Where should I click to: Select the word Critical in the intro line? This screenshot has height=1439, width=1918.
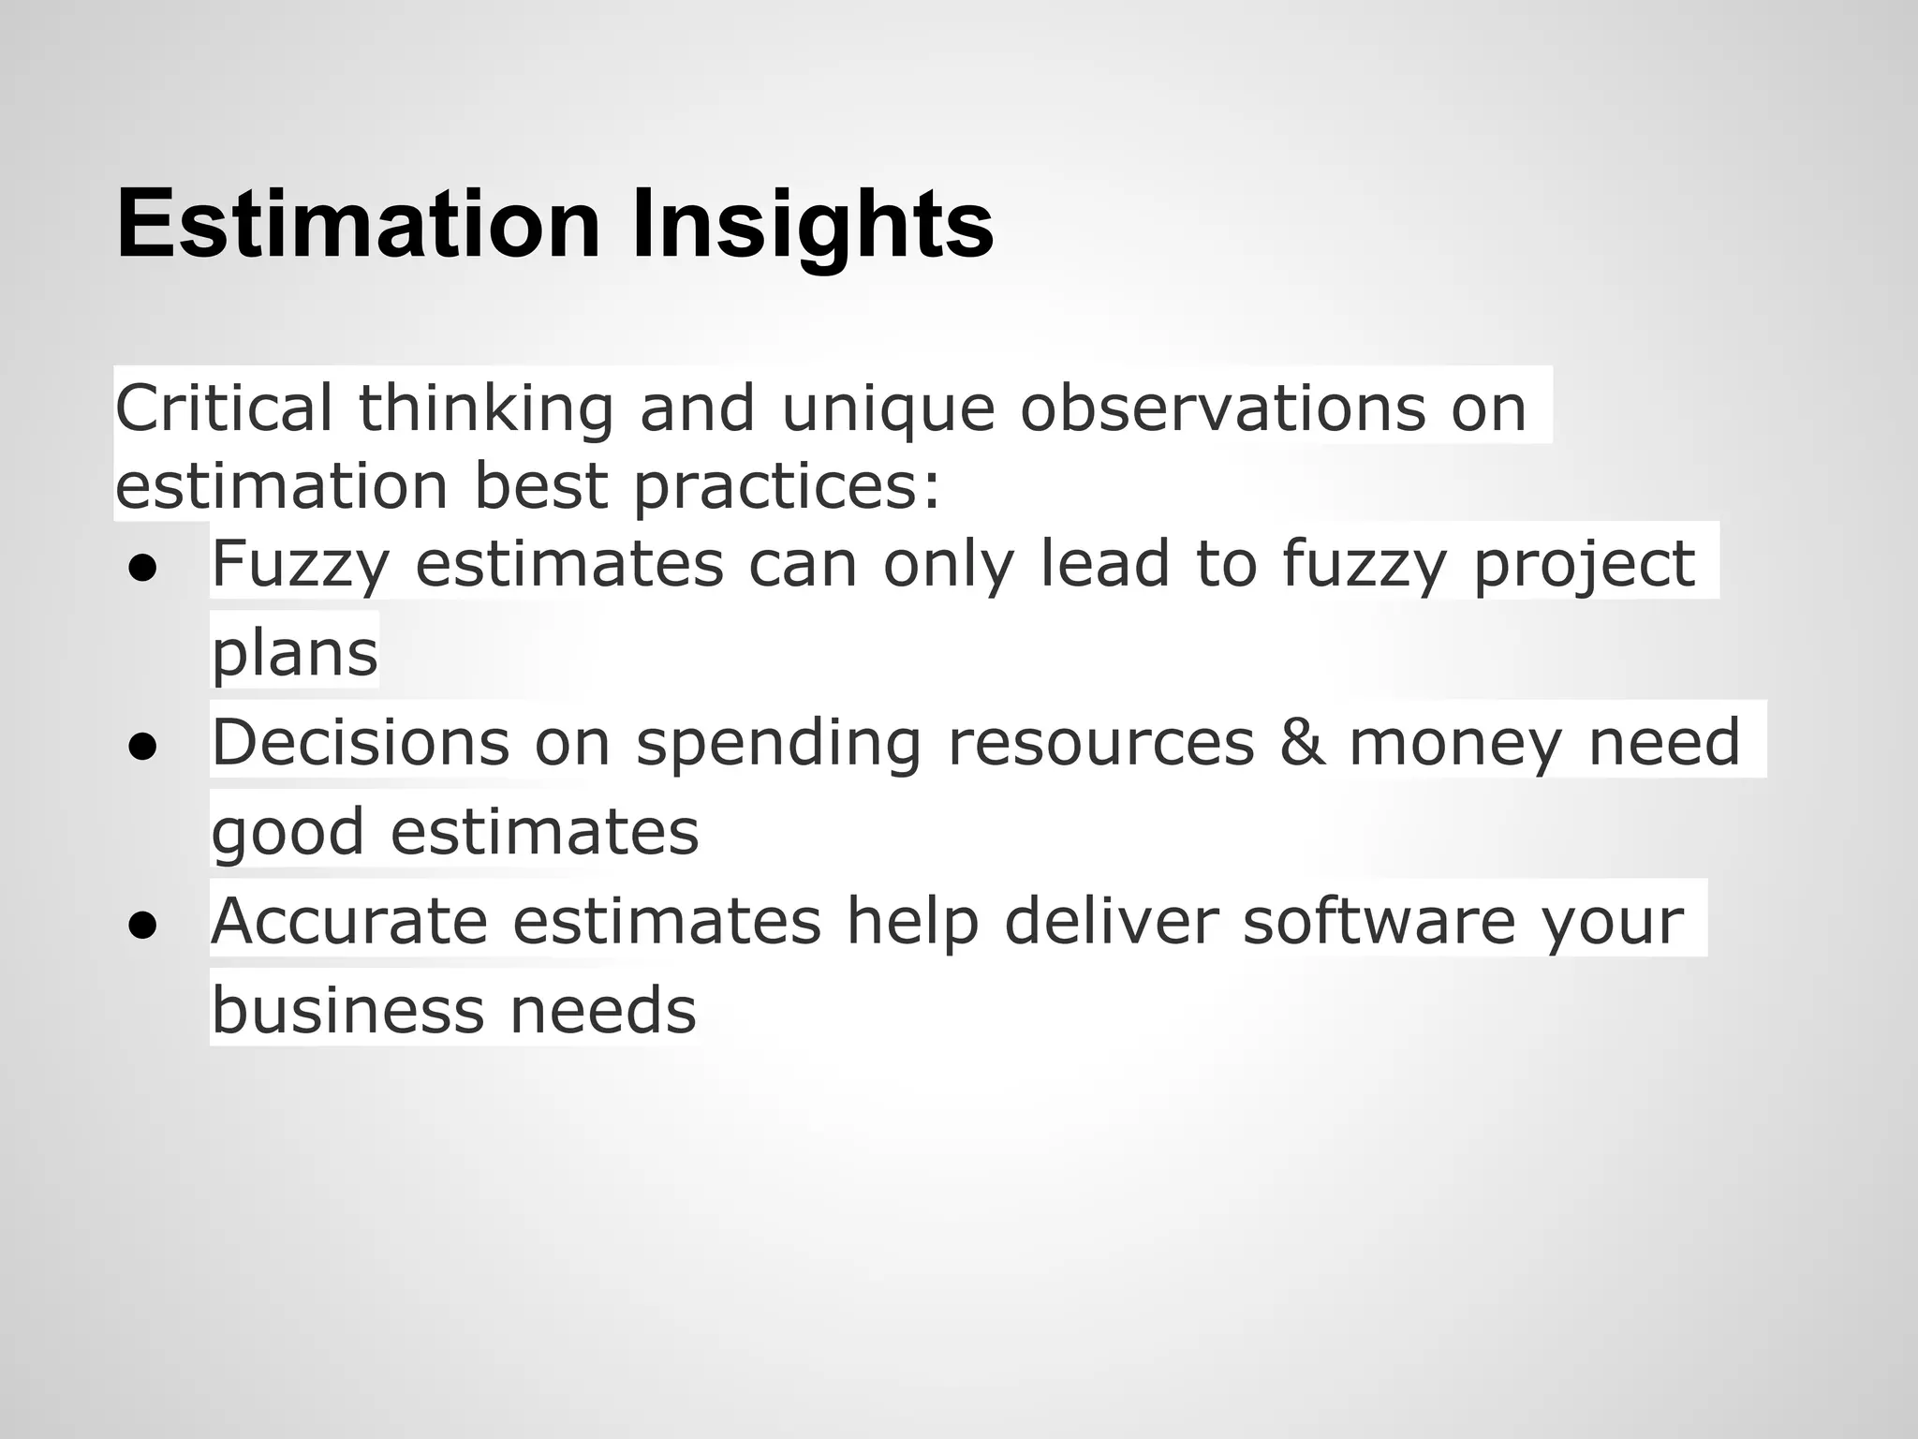tap(224, 408)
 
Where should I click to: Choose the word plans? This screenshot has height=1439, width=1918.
tap(294, 653)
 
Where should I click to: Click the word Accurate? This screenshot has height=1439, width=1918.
tap(349, 921)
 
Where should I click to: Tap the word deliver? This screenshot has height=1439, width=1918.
tap(1112, 921)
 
